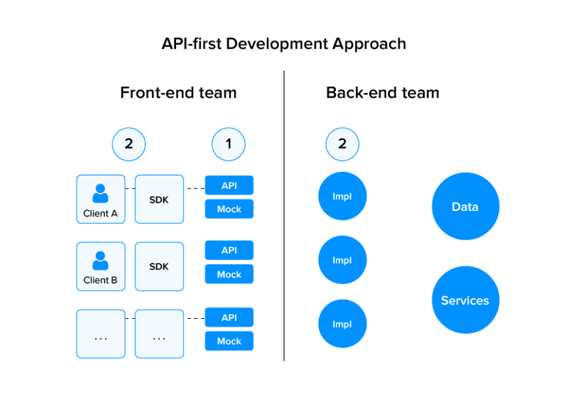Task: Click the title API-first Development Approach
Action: pyautogui.click(x=284, y=44)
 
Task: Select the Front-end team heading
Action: pyautogui.click(x=178, y=92)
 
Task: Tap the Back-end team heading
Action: pyautogui.click(x=382, y=92)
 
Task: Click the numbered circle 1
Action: pyautogui.click(x=229, y=144)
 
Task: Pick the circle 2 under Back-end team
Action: pyautogui.click(x=342, y=144)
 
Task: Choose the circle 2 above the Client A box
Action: pyautogui.click(x=129, y=144)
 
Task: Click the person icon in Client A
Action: pyautogui.click(x=101, y=194)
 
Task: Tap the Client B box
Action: pyautogui.click(x=101, y=266)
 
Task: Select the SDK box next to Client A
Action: pyautogui.click(x=159, y=200)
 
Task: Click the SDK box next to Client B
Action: pyautogui.click(x=159, y=266)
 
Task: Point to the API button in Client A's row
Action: pyautogui.click(x=229, y=185)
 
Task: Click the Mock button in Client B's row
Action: pyautogui.click(x=229, y=275)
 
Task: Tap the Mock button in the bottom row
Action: pyautogui.click(x=229, y=341)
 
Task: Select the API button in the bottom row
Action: pyautogui.click(x=229, y=317)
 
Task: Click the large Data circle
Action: pyautogui.click(x=465, y=206)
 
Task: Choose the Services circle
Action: pyautogui.click(x=465, y=300)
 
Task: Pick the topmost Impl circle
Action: pyautogui.click(x=342, y=197)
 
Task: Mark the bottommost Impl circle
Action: pyautogui.click(x=342, y=324)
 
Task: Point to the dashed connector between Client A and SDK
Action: pyautogui.click(x=130, y=189)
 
